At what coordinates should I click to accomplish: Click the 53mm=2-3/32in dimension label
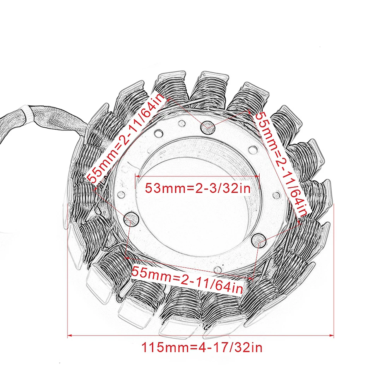(198, 188)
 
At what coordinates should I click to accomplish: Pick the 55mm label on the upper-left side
(126, 138)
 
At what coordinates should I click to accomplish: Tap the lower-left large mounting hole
(130, 218)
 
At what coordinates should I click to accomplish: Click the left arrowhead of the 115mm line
(70, 336)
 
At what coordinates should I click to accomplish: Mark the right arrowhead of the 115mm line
(332, 336)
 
